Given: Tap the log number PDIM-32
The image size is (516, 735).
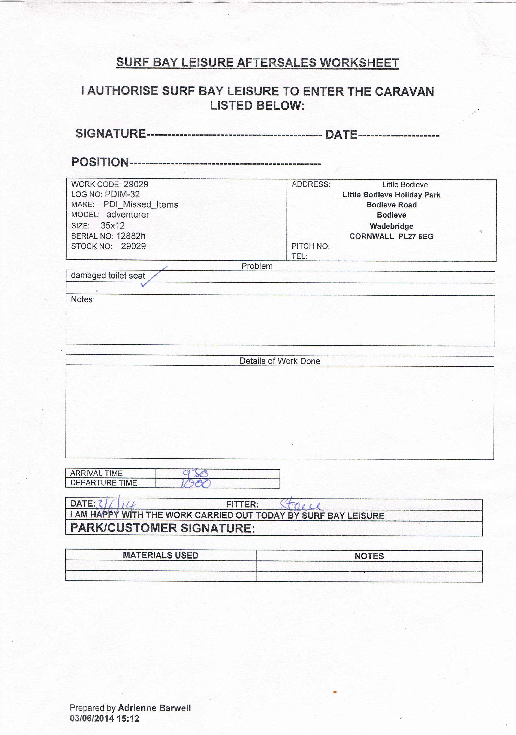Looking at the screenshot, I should [122, 194].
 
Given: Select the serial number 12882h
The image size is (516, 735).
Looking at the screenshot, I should [131, 236].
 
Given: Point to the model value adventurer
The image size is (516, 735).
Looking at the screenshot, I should [128, 215].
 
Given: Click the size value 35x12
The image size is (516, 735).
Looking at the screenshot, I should [112, 225].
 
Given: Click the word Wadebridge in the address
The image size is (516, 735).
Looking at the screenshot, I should [391, 226].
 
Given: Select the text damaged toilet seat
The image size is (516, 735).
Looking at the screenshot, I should [108, 275].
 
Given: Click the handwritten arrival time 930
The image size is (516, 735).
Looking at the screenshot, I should [195, 473].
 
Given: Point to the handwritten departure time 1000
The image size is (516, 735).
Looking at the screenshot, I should [196, 483].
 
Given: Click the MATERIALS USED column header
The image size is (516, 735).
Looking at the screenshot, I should [161, 555].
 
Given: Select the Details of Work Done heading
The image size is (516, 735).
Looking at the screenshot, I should [280, 361].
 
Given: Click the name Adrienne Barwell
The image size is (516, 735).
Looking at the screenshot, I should [154, 708].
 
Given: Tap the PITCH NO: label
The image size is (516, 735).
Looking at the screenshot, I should [310, 246].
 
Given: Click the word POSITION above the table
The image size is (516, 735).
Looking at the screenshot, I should [100, 162].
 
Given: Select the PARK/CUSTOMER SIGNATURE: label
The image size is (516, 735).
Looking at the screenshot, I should [163, 528].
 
